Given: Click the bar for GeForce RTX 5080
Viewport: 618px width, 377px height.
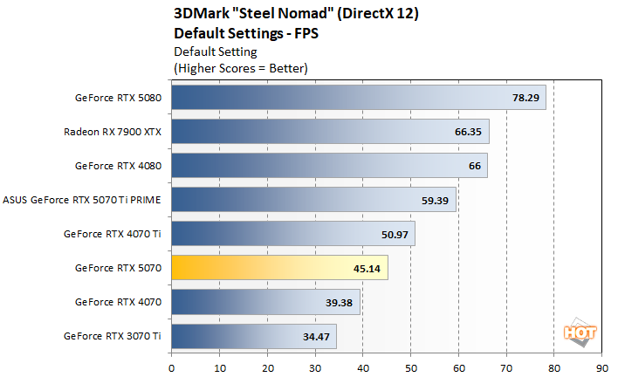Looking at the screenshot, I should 358,98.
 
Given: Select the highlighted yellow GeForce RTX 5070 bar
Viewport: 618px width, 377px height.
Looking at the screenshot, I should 279,268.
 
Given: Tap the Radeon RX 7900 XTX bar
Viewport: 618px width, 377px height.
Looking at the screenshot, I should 330,132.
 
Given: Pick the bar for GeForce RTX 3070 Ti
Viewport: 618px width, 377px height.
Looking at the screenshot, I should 253,336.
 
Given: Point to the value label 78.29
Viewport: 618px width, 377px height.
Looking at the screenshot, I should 525,98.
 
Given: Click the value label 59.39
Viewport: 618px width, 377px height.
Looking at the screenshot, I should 436,200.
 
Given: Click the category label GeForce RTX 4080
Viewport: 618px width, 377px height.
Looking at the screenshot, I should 118,166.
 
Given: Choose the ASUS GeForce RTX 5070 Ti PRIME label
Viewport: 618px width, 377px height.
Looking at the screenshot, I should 84,200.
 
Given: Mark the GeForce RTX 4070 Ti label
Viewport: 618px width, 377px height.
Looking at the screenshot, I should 113,234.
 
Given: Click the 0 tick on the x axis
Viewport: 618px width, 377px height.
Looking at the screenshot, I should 172,367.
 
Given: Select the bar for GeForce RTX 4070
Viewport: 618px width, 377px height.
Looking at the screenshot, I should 265,302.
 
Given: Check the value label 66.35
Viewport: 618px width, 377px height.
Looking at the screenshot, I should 469,132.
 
